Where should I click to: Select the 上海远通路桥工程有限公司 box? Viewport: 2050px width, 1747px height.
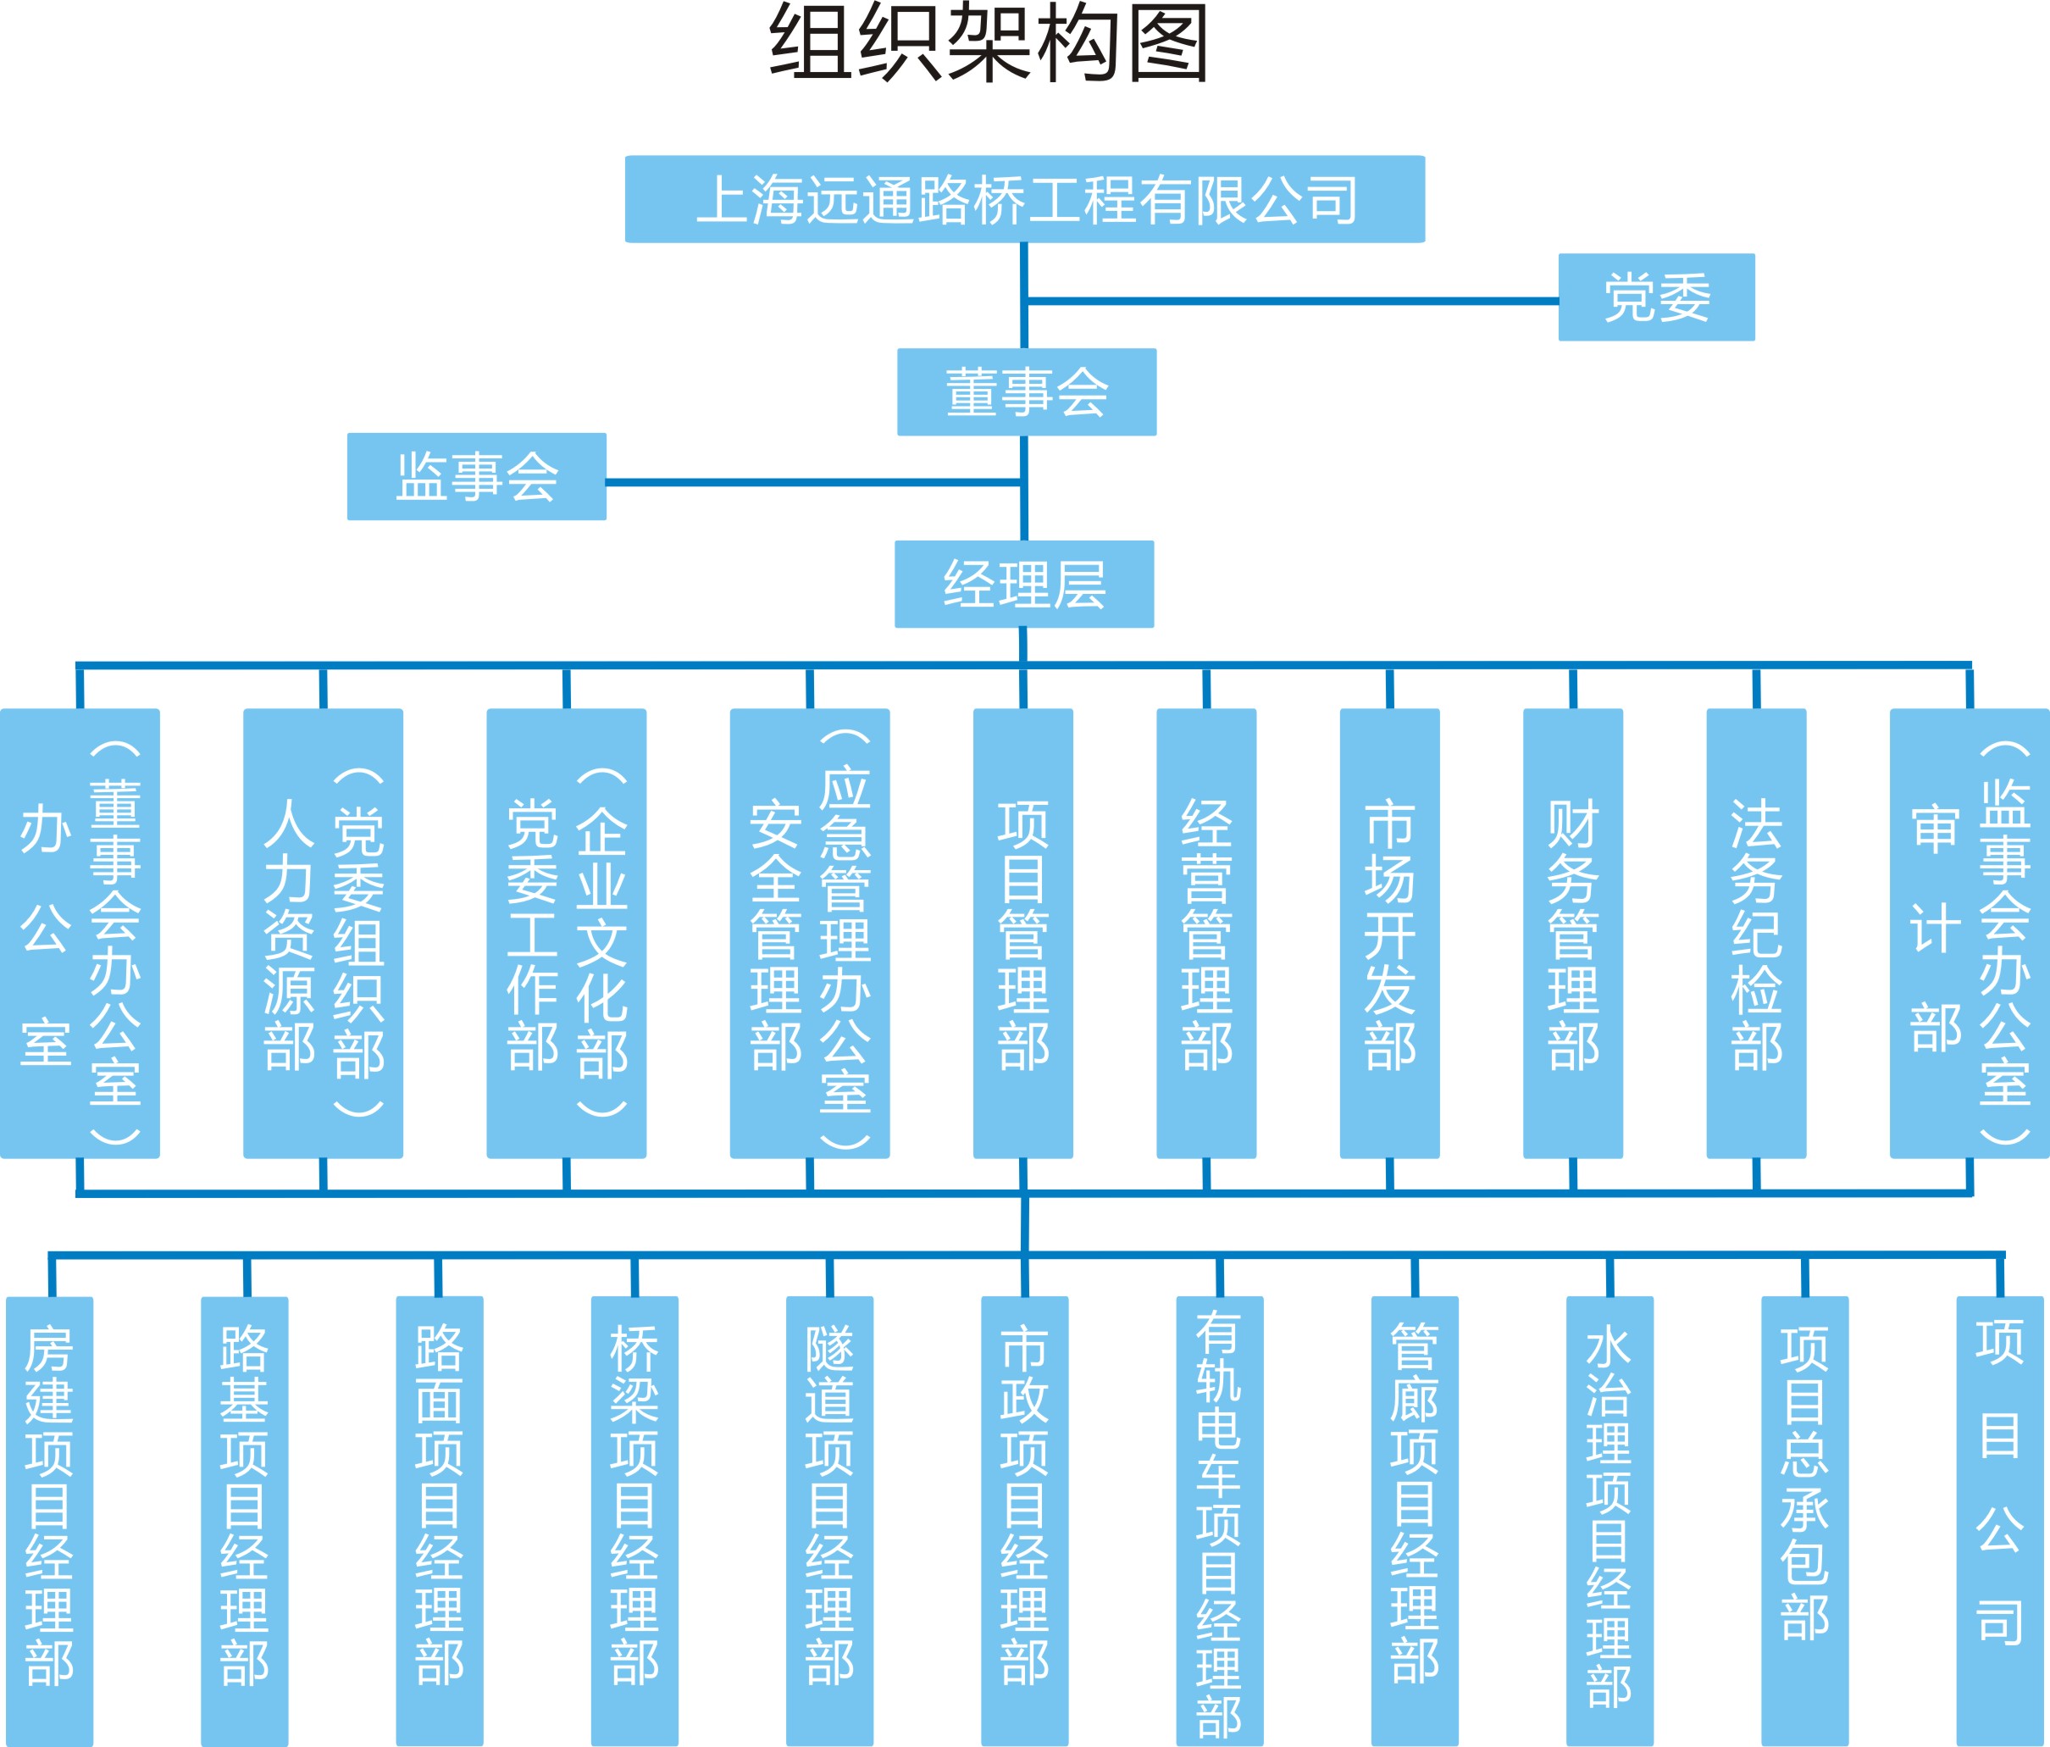[x=1024, y=199]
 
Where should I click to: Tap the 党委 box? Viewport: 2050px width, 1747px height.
[x=1656, y=297]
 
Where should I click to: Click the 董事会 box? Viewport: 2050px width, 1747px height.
[x=1026, y=392]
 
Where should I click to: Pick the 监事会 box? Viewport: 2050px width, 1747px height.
[x=476, y=476]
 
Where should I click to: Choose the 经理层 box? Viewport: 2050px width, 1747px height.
[x=1024, y=584]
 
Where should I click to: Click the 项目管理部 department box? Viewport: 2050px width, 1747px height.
[x=1023, y=934]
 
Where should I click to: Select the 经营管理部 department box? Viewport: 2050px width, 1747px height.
[x=1206, y=934]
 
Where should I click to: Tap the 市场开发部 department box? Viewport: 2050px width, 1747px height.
[x=1389, y=934]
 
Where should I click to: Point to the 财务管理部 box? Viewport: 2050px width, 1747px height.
[x=1572, y=934]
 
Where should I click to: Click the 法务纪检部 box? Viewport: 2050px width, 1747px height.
[x=1756, y=934]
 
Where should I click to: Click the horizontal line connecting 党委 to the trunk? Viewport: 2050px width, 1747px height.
[x=1291, y=301]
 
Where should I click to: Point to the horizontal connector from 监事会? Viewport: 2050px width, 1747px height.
[x=812, y=483]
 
